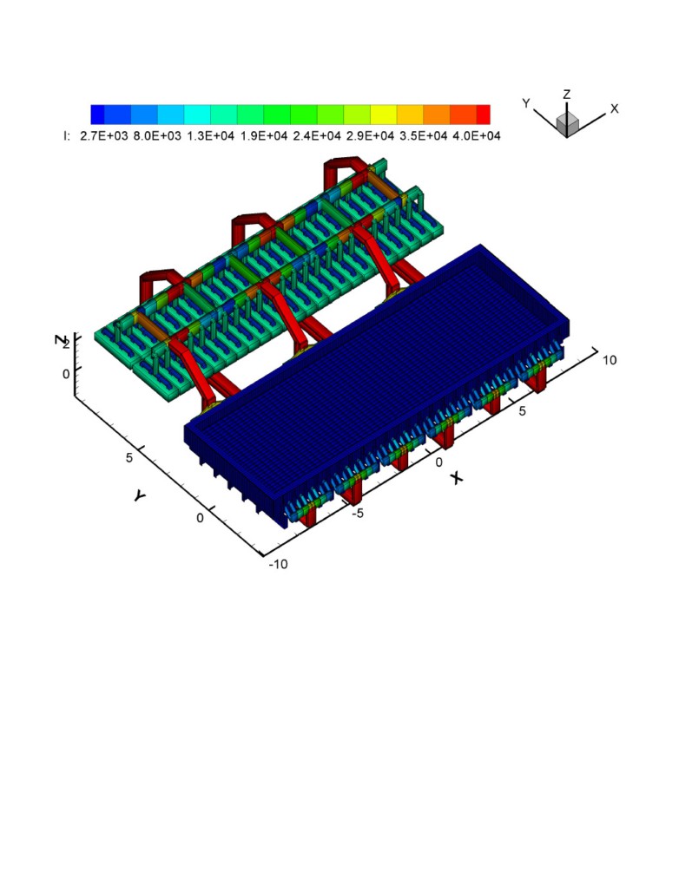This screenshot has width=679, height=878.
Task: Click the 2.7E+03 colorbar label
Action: [104, 135]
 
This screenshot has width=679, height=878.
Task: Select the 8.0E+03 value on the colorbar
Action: [157, 135]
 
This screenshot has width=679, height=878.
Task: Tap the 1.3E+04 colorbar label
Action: [211, 135]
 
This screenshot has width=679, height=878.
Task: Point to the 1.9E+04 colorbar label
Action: [264, 135]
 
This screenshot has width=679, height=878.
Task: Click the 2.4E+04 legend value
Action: [317, 135]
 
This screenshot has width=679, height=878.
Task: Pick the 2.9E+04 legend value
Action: [370, 135]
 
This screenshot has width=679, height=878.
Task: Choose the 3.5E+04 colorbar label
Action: [424, 135]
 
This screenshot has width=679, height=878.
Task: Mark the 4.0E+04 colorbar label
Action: [477, 135]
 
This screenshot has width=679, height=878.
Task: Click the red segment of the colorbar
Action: [484, 115]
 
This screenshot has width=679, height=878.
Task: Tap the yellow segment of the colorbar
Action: [384, 115]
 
